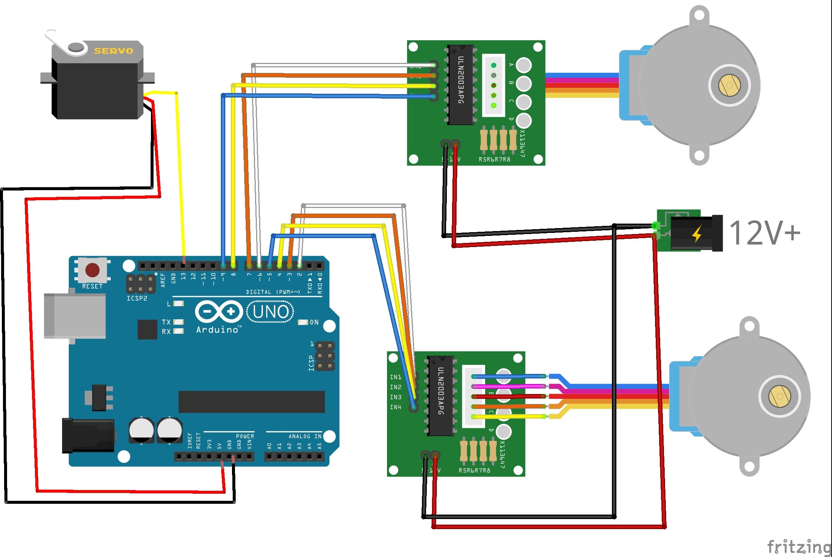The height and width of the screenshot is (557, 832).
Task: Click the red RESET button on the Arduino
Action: click(92, 270)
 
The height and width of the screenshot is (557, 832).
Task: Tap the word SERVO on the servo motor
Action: click(113, 51)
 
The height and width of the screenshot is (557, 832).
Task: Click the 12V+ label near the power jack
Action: click(764, 233)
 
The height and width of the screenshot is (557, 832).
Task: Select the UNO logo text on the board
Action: click(270, 312)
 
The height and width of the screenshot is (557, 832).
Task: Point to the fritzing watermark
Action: click(799, 547)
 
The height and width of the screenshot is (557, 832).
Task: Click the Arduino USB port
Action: click(74, 316)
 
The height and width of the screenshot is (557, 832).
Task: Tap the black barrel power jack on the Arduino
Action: click(88, 435)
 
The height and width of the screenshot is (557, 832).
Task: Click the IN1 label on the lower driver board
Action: click(395, 377)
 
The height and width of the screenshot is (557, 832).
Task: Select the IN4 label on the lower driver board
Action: click(395, 407)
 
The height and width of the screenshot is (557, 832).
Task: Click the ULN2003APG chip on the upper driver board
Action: click(461, 85)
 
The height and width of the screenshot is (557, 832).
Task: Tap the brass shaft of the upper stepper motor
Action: click(729, 85)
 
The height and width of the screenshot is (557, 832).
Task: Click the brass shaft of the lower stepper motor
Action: click(779, 396)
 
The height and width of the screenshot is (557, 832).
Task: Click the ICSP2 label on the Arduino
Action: click(137, 298)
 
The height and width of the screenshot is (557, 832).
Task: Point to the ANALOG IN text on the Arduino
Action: click(305, 436)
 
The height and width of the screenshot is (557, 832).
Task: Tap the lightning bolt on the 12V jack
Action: click(697, 234)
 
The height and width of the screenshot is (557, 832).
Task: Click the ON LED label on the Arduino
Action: click(314, 322)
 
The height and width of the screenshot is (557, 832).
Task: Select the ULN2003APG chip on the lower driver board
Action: click(441, 396)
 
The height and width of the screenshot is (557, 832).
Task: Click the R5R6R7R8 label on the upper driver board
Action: click(494, 159)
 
